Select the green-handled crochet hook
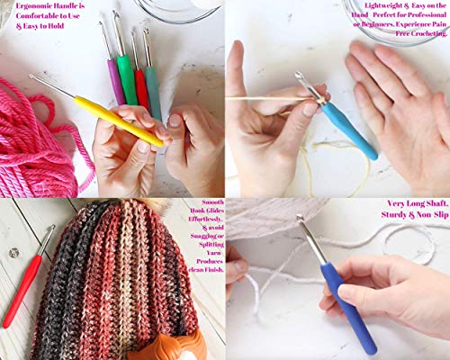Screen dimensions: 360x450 128,79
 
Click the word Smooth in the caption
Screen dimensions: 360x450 205,204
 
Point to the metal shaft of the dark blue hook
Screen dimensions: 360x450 311,238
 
